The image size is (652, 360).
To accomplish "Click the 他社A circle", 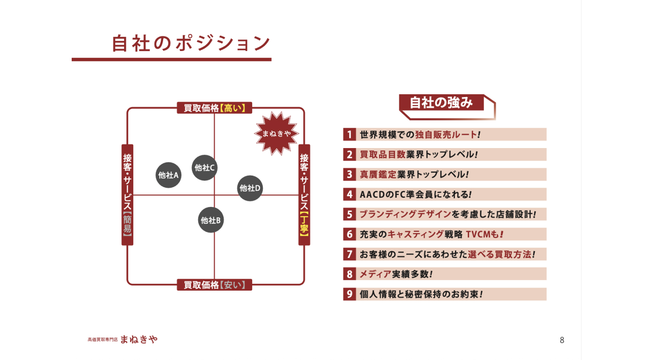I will coord(169,175).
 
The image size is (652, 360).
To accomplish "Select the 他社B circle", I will coord(211,220).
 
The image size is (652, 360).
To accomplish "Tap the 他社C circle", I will coord(204,168).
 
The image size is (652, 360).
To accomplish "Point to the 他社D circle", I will coord(250,188).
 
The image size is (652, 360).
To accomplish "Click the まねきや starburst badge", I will coord(277,133).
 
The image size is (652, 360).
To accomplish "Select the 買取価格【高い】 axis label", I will coord(215,108).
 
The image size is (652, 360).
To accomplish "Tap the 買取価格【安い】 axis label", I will coord(215,285).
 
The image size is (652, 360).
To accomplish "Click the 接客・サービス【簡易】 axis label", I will coord(127,194).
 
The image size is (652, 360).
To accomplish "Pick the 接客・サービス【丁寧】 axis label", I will coord(304,194).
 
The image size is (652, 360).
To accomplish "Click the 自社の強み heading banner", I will coord(442,103).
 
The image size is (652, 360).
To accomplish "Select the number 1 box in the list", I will coord(349,134).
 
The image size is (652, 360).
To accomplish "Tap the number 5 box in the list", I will coord(349,214).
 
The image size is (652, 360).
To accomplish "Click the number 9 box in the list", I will coord(349,294).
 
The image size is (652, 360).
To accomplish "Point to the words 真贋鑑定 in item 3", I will coord(378,175).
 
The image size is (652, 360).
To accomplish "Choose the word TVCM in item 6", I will coord(478,234).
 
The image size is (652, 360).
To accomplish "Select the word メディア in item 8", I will coord(375,274).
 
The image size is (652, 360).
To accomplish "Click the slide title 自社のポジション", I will coord(191,43).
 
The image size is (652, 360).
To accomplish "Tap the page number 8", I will coord(562,340).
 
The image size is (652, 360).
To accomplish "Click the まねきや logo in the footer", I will coord(139,340).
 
